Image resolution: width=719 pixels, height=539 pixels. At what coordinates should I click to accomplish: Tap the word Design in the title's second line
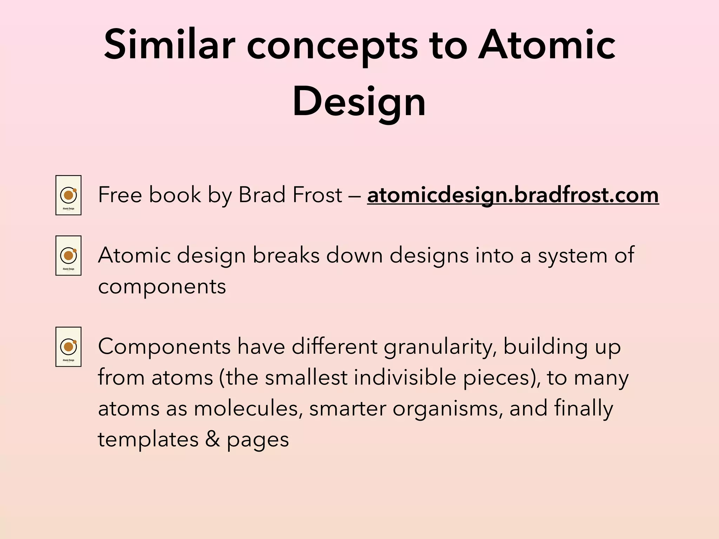point(359,102)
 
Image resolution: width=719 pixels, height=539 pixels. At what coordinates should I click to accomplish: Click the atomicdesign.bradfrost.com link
point(513,195)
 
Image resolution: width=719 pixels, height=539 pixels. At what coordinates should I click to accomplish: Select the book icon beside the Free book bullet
point(68,195)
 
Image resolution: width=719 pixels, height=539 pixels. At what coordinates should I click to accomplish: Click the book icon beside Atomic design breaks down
point(68,255)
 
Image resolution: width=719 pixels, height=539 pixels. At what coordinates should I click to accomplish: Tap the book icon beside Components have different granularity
point(68,347)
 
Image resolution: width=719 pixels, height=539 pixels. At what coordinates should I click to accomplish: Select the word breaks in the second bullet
point(286,255)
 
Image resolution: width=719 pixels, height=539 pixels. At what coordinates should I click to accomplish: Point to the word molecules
point(248,409)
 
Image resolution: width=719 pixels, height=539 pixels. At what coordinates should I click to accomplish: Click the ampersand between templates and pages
point(212,439)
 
